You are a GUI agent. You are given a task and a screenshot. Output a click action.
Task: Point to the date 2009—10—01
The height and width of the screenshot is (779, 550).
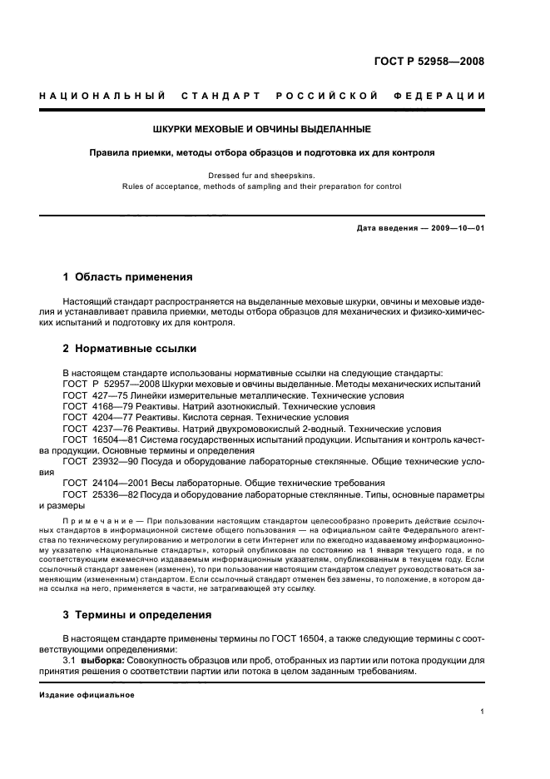[x=453, y=228]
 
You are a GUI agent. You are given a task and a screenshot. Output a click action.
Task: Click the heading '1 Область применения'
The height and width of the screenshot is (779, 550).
[x=128, y=276]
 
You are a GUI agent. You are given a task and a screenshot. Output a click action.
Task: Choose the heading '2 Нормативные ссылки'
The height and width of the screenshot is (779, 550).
[x=130, y=349]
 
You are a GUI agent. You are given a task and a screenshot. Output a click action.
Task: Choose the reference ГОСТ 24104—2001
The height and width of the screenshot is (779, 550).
[x=103, y=484]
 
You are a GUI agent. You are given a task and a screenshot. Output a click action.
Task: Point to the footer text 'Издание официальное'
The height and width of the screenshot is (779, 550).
[x=87, y=694]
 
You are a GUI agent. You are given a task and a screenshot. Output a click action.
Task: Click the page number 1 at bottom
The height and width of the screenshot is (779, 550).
[x=483, y=712]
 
